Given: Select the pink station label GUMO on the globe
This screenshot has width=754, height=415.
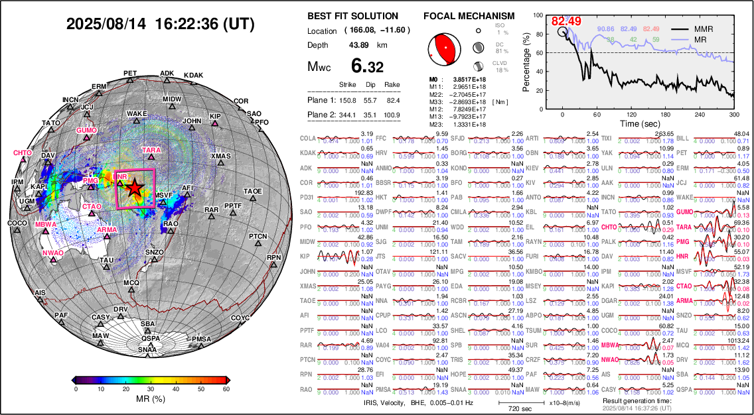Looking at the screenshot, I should [86, 130].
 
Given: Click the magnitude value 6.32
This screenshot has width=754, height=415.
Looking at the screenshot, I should [367, 67].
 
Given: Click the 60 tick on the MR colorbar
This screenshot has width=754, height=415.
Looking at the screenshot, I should [226, 388].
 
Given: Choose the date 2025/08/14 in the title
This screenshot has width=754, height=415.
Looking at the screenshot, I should [106, 25].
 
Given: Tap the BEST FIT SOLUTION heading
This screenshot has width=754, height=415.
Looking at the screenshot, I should [353, 16].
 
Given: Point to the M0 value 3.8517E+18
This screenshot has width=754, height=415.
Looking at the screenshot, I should [467, 79].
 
